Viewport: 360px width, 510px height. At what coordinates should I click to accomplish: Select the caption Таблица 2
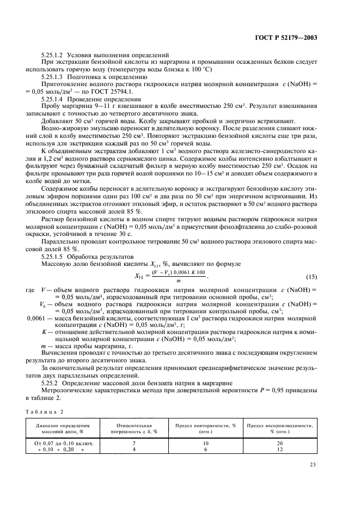pos(44,410)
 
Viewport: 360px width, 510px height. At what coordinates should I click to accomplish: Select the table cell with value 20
pos(281,444)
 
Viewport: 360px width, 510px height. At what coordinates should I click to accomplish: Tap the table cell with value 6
pos(205,450)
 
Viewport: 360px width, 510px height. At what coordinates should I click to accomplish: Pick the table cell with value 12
pos(281,450)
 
